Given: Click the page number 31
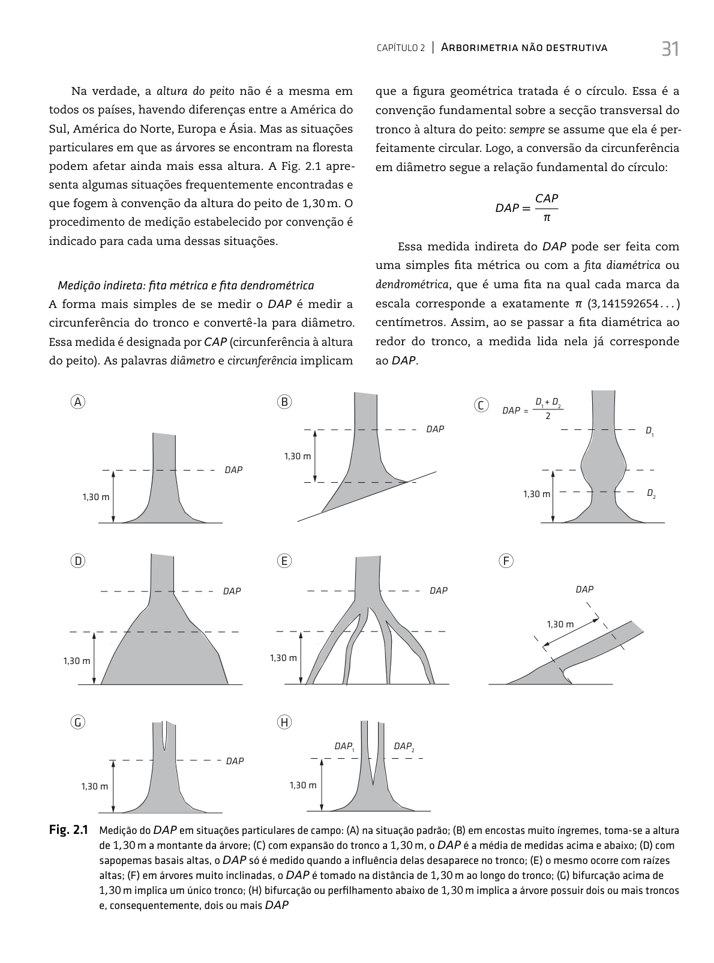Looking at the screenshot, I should (x=670, y=49).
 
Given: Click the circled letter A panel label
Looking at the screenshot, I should (x=77, y=402).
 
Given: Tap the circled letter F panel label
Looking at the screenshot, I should (x=506, y=561).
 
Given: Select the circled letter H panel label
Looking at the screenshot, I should (x=284, y=722).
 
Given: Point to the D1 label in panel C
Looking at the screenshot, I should (x=649, y=430).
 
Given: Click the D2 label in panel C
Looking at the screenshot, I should (x=650, y=494).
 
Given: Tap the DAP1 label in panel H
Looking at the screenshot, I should (x=344, y=746).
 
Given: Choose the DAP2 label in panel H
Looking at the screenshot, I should (x=404, y=746).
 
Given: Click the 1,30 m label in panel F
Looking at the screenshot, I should (x=560, y=624).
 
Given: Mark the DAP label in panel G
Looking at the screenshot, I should (x=235, y=761).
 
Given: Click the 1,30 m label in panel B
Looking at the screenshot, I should (x=298, y=456).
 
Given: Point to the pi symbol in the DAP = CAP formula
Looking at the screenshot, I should (x=547, y=217).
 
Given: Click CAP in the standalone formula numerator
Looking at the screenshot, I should (x=547, y=199).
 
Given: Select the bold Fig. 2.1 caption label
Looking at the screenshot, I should (x=68, y=831).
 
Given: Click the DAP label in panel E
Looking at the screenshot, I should (x=439, y=591).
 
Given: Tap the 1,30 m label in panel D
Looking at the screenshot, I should (x=77, y=661).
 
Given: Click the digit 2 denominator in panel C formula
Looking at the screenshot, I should (x=548, y=417).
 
